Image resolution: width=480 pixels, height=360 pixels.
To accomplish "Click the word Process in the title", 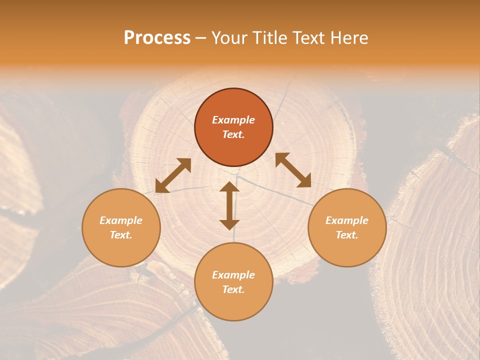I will click(157, 38).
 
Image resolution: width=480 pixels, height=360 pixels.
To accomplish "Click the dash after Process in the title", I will click(200, 39).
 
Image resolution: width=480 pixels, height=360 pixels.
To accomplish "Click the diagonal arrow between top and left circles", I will click(173, 175).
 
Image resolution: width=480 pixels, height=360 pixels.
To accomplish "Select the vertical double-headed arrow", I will click(229, 205).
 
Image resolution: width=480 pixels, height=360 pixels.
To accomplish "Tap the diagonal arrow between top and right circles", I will click(293, 170).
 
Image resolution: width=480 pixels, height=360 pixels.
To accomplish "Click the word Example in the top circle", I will click(233, 120).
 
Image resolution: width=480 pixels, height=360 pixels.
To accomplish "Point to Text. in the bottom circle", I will click(233, 289).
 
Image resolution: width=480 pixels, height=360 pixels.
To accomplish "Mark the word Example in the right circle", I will click(347, 220).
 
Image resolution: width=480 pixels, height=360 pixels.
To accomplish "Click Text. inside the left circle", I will click(121, 235).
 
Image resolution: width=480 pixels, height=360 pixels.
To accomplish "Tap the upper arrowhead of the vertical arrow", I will click(229, 186).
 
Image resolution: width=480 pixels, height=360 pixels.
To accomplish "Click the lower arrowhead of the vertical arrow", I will click(229, 224).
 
